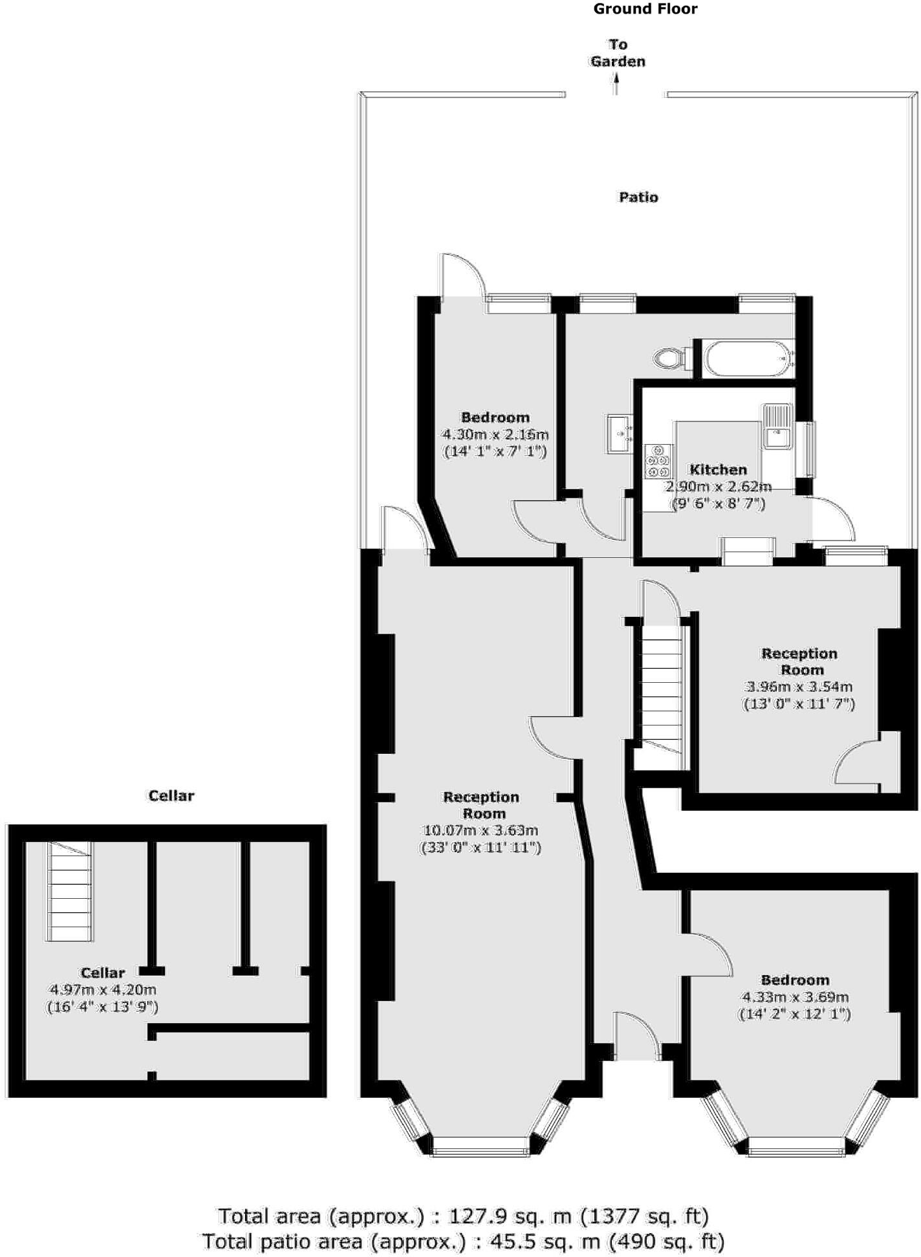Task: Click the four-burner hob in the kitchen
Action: pos(658,461)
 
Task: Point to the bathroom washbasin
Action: pos(619,433)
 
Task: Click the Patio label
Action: pos(638,197)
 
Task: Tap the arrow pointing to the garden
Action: pos(616,85)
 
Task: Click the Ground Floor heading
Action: pos(645,9)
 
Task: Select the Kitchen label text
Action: pos(718,469)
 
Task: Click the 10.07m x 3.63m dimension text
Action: pos(480,830)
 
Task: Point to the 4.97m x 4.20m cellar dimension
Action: pos(103,989)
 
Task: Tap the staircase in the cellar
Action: pos(69,892)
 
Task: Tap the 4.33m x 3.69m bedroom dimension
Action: pos(794,997)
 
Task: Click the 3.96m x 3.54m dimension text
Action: pos(799,687)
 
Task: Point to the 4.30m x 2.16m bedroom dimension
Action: pos(495,435)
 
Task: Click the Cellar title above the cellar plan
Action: pos(171,795)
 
